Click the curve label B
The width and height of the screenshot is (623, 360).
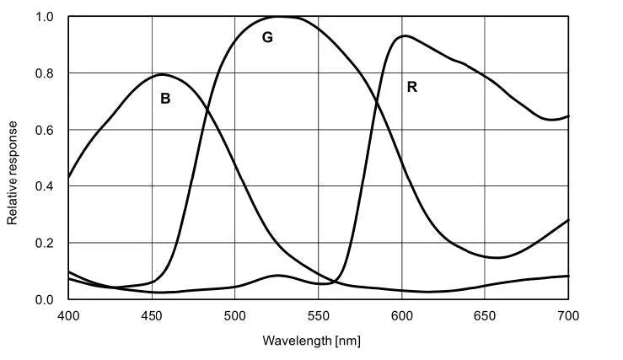[165, 99]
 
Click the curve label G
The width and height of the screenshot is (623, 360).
[267, 37]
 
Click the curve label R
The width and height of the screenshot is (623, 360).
[411, 86]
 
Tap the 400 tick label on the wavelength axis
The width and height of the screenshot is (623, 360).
[68, 315]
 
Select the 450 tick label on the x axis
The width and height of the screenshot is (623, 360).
[152, 315]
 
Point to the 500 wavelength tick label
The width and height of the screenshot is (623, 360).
[235, 315]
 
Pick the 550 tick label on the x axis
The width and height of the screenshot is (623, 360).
[319, 315]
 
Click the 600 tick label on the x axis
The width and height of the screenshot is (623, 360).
[402, 315]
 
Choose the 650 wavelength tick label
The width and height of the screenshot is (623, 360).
[486, 315]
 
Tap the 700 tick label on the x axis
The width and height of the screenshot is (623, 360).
[569, 315]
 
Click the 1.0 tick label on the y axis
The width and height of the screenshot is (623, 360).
[46, 17]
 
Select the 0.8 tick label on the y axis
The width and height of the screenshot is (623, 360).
[46, 73]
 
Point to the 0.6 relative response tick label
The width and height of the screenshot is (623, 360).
[46, 130]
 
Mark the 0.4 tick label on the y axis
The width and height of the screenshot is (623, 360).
[46, 186]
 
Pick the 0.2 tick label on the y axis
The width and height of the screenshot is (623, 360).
[46, 243]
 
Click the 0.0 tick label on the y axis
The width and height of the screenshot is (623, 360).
[46, 299]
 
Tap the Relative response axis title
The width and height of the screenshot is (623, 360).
[13, 172]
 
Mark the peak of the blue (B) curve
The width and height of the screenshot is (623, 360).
[162, 74]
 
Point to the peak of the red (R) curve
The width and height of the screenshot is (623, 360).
[405, 35]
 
